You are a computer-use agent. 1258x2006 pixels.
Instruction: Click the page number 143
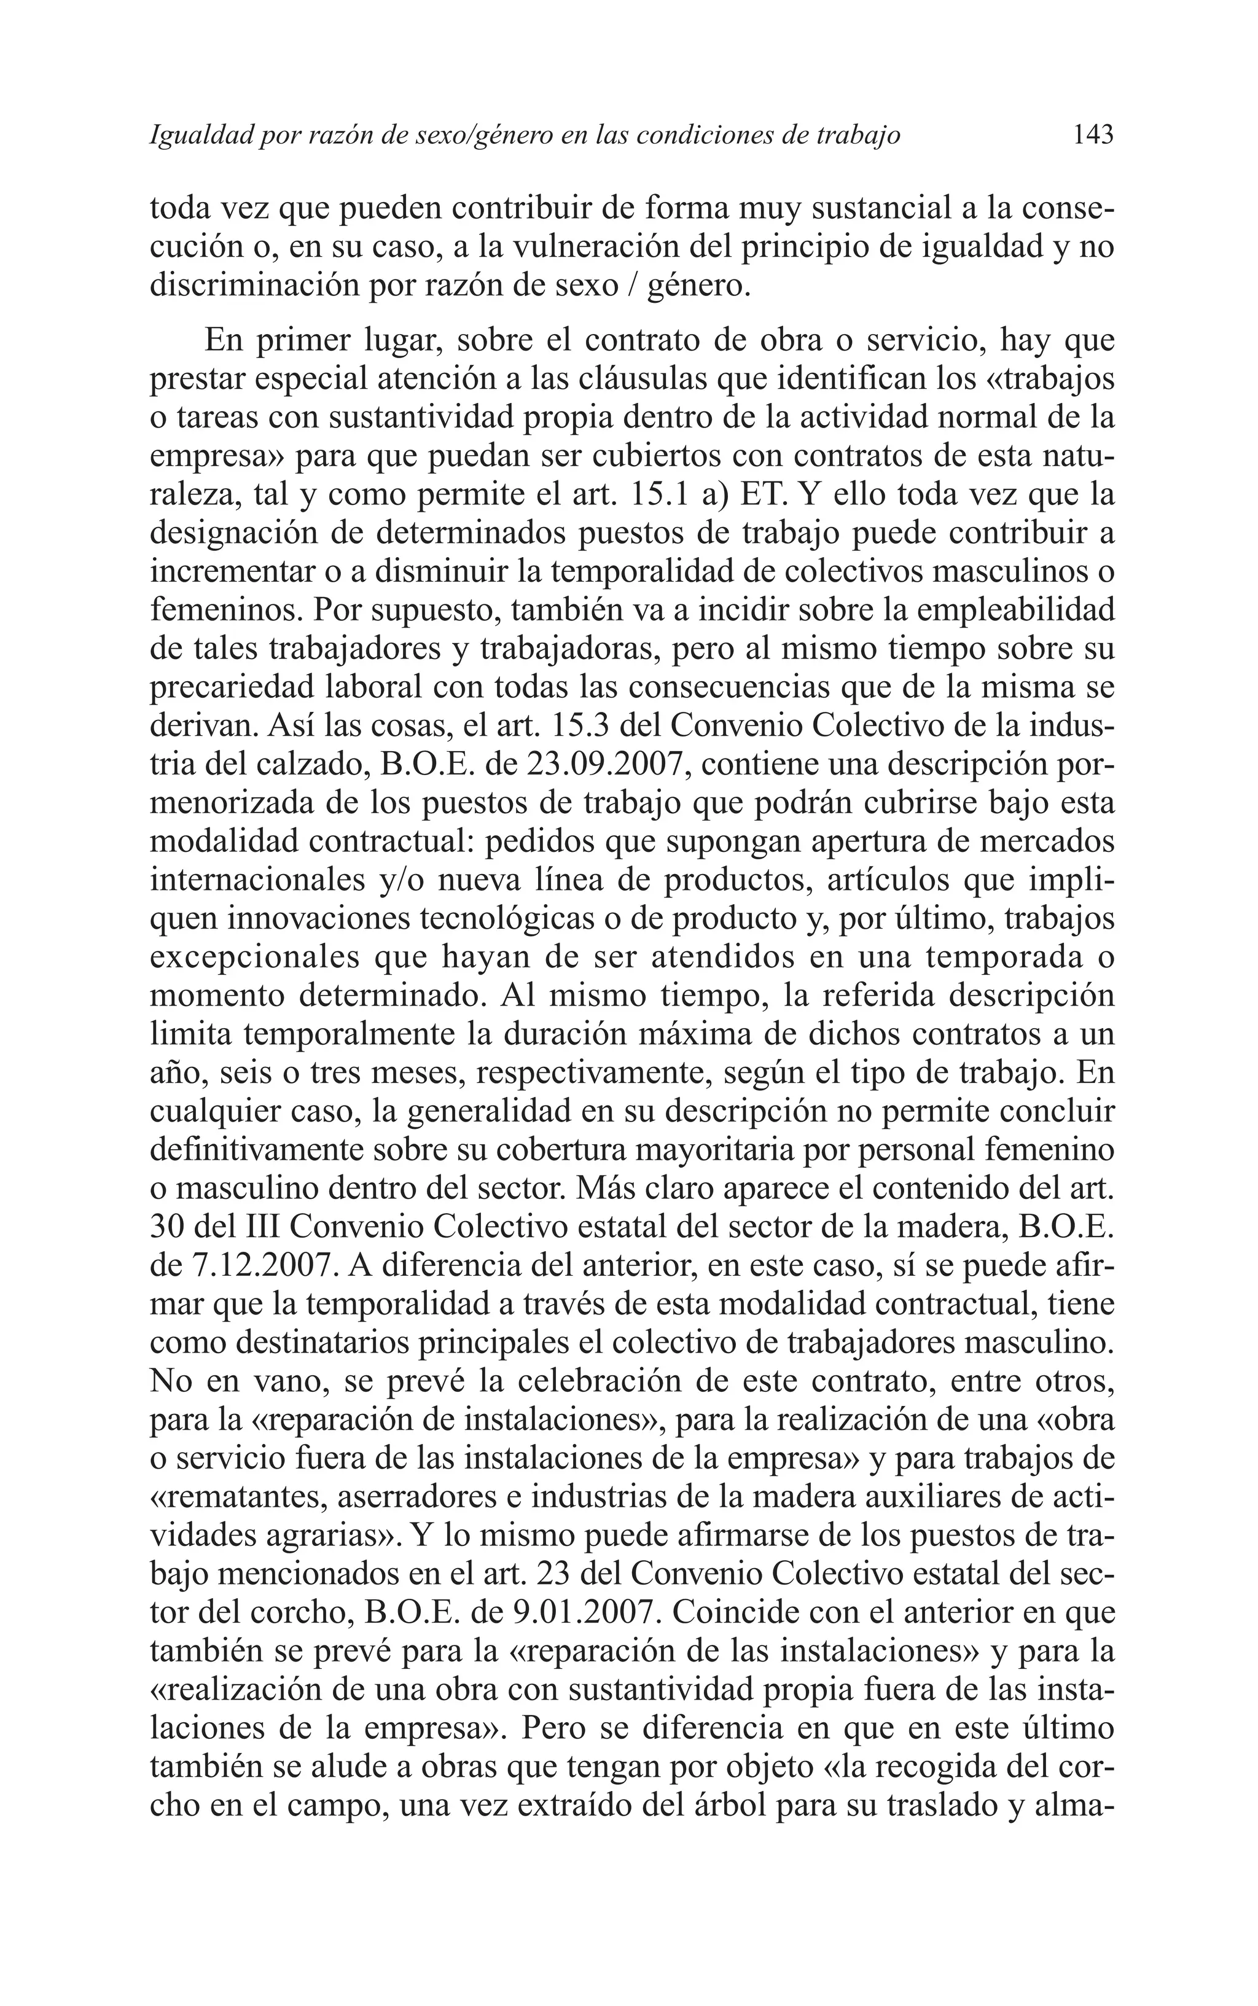coord(1092,135)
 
